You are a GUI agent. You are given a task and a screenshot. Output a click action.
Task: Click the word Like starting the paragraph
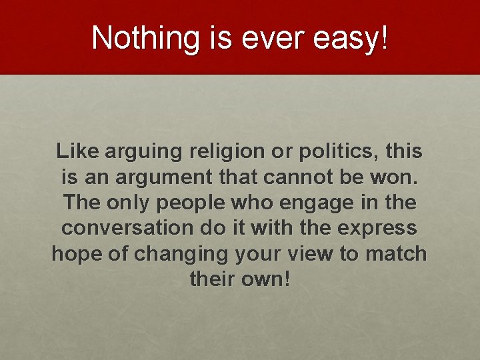76,151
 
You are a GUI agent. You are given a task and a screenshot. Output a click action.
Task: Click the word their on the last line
211,278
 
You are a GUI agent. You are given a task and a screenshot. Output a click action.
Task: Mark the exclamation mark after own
287,278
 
